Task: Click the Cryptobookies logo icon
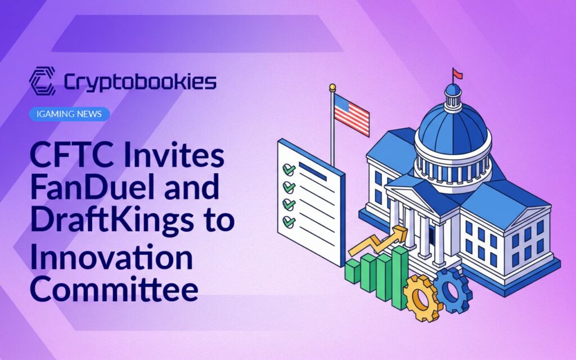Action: pyautogui.click(x=42, y=81)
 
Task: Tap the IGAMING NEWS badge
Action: pyautogui.click(x=69, y=114)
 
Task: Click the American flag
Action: pyautogui.click(x=352, y=115)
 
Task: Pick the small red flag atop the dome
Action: pyautogui.click(x=458, y=74)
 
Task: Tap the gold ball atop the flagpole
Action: pyautogui.click(x=332, y=87)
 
